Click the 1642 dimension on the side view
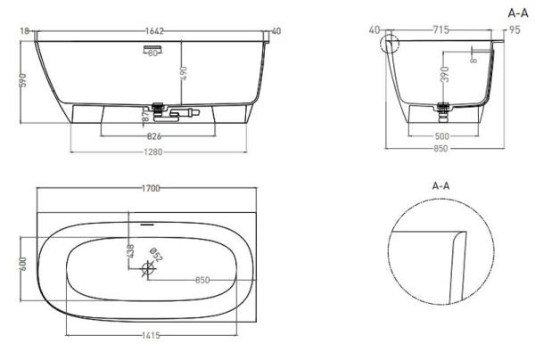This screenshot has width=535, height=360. coord(154,31)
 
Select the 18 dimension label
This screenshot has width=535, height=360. coord(25,31)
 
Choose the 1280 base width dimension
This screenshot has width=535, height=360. coord(154,151)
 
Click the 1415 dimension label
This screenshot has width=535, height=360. coord(152,334)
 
